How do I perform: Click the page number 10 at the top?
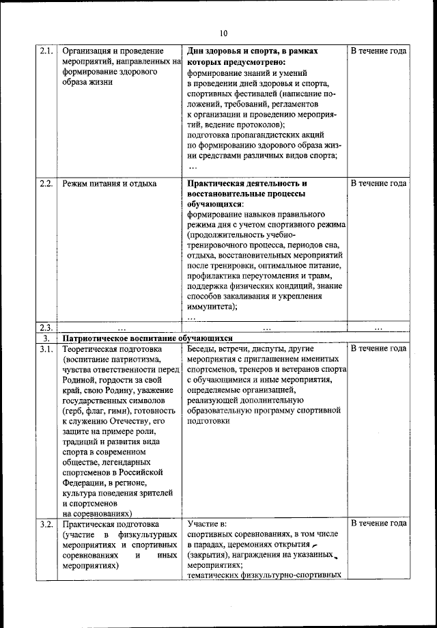[x=224, y=31]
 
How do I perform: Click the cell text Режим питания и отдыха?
[x=109, y=183]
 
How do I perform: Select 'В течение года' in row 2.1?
[x=379, y=51]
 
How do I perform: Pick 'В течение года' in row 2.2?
[x=379, y=183]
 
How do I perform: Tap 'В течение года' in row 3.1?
[x=379, y=349]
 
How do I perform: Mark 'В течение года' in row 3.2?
[x=379, y=523]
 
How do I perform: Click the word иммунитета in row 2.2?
[x=210, y=308]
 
